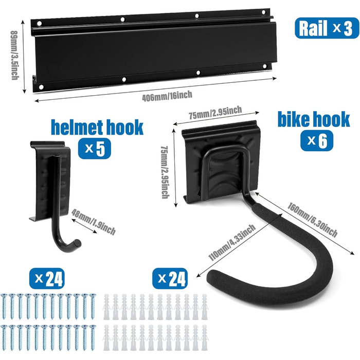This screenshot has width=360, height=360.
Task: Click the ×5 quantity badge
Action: coord(95,149)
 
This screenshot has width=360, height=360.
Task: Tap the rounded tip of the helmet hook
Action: coord(76,242)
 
